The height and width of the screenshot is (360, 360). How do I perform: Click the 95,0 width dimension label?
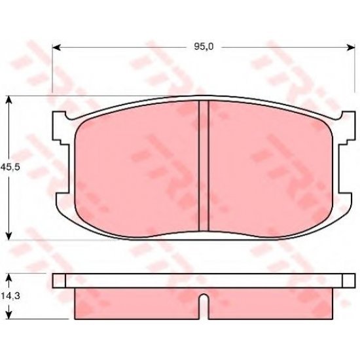[x=204, y=47]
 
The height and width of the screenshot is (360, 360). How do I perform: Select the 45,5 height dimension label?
[x=10, y=167]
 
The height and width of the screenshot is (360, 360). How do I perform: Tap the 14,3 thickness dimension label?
[x=10, y=296]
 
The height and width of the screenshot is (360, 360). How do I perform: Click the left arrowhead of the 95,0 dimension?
[x=56, y=47]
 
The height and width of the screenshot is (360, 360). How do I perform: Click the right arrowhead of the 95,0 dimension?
[x=351, y=47]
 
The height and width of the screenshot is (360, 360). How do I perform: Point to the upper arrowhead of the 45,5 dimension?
[x=9, y=100]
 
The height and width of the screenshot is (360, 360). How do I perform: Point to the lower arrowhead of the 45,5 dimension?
[x=9, y=236]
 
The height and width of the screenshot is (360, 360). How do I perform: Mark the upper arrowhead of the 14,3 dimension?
[x=9, y=278]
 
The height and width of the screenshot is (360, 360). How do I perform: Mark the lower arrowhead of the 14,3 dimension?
[x=9, y=315]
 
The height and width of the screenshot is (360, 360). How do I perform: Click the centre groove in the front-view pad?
[x=204, y=166]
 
